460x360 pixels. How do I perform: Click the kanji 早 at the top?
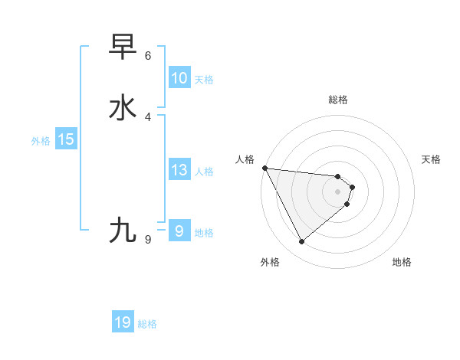pyautogui.click(x=123, y=47)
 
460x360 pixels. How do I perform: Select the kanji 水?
pyautogui.click(x=123, y=108)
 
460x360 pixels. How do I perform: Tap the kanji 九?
pyautogui.click(x=123, y=230)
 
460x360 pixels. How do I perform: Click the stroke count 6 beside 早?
pyautogui.click(x=148, y=56)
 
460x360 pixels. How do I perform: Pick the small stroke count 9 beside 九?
pyautogui.click(x=148, y=240)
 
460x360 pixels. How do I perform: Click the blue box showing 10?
pyautogui.click(x=179, y=78)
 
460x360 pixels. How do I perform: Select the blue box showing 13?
pyautogui.click(x=179, y=170)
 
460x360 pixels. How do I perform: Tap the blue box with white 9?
pyautogui.click(x=179, y=231)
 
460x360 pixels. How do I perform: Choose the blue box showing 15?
pyautogui.click(x=66, y=139)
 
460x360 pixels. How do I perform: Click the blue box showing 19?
pyautogui.click(x=123, y=322)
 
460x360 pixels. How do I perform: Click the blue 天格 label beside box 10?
pyautogui.click(x=204, y=80)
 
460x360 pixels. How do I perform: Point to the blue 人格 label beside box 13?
pyautogui.click(x=204, y=172)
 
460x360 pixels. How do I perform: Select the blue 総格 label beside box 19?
pyautogui.click(x=147, y=324)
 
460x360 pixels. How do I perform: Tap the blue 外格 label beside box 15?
pyautogui.click(x=41, y=141)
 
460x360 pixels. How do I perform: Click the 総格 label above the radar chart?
pyautogui.click(x=338, y=100)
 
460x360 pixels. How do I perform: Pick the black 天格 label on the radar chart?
pyautogui.click(x=432, y=159)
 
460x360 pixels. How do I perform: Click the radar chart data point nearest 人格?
pyautogui.click(x=264, y=168)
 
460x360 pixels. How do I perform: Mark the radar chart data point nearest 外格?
pyautogui.click(x=301, y=242)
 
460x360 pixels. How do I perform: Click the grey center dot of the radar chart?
pyautogui.click(x=338, y=191)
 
